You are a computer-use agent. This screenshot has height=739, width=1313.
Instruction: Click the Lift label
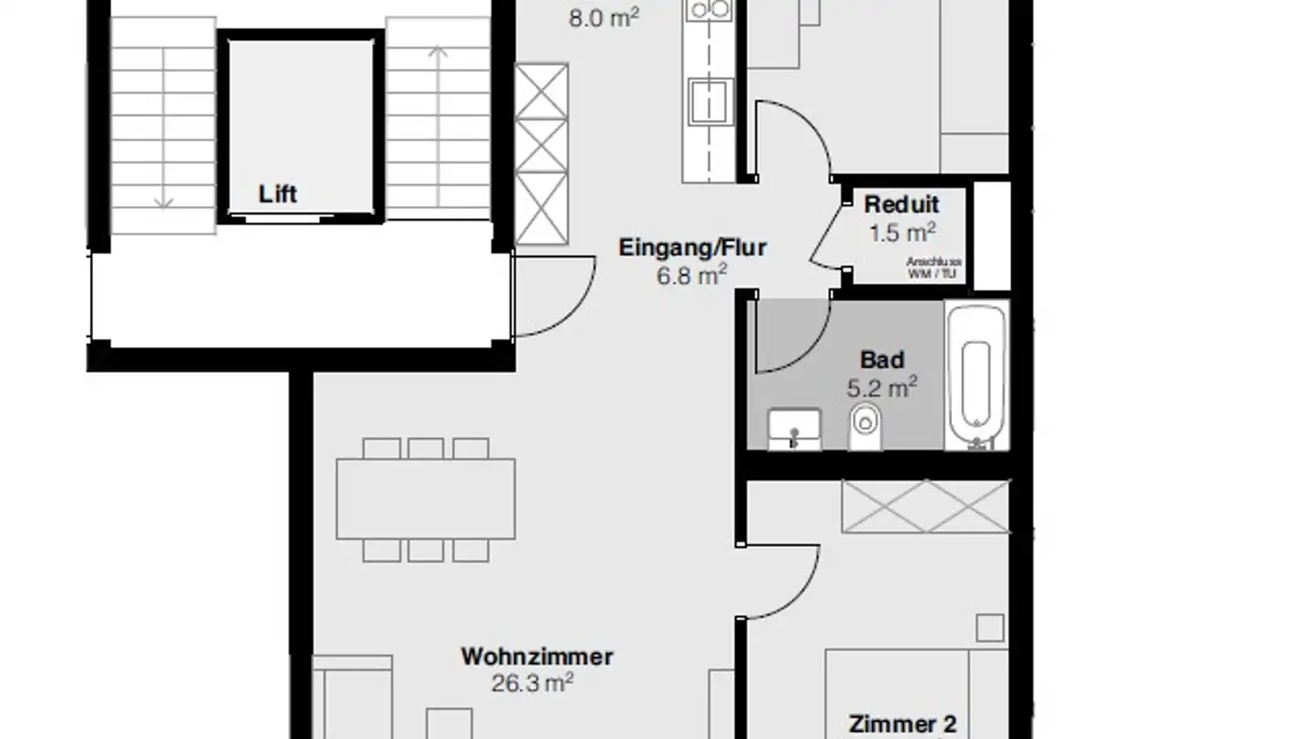278,193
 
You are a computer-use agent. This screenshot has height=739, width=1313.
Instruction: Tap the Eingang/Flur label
693,247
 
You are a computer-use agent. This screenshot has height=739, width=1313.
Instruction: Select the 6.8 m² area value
692,275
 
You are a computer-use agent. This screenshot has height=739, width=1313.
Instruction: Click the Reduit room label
902,204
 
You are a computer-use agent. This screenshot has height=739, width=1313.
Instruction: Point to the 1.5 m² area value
902,233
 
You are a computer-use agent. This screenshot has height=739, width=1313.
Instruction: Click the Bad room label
883,360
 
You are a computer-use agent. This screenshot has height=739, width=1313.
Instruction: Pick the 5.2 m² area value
882,389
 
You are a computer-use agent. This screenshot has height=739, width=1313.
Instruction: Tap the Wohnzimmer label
536,656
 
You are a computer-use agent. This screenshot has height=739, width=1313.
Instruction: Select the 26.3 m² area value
532,683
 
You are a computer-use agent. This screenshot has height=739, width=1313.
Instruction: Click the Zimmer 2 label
903,724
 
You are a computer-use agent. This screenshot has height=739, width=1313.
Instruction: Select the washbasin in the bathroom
794,429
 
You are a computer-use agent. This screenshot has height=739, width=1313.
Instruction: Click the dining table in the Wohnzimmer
426,499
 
